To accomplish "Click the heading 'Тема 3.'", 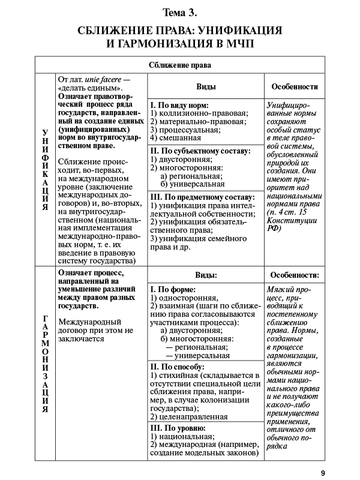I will (180, 12).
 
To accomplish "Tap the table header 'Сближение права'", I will (180, 65).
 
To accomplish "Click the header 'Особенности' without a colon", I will (295, 86).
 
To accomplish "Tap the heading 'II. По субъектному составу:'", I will (200, 151).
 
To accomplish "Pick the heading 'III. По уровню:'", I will (178, 428).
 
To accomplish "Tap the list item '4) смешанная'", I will (176, 137).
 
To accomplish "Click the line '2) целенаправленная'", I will (188, 416).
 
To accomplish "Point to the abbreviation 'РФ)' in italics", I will (273, 228).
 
